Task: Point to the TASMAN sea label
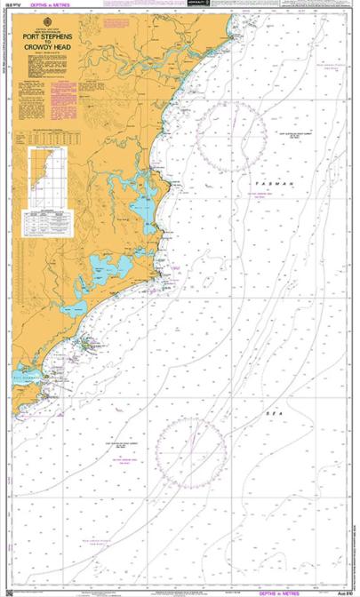pyautogui.click(x=267, y=181)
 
